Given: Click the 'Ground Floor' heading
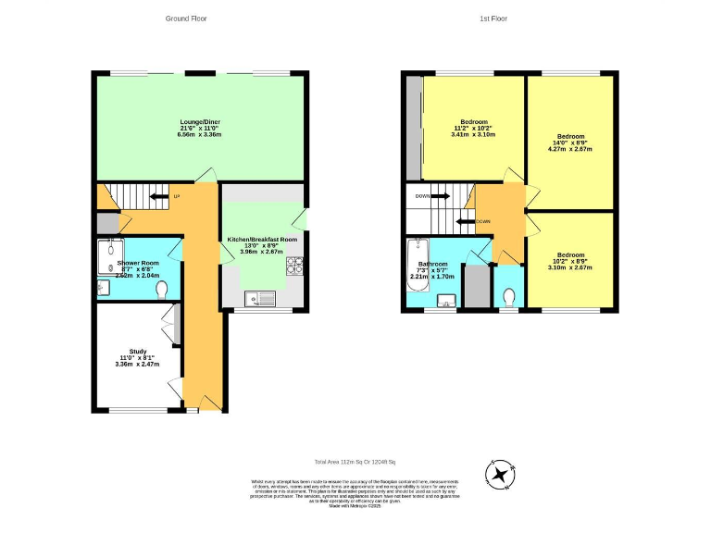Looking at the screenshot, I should pos(186,19).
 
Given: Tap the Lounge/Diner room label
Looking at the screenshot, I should pos(199,128).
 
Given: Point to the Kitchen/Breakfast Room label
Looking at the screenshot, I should pos(262,244).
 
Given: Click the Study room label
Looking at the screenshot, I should pos(138,357).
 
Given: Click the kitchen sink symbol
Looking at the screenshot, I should pos(259,298).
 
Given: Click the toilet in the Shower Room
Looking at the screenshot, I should pos(162,291).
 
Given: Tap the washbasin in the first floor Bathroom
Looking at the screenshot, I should pos(446,301).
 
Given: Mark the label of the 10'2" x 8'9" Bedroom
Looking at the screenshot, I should pos(574,262).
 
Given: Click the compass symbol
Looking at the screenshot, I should pos(501,476).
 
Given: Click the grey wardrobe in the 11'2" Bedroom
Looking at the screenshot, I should pos(413,129).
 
